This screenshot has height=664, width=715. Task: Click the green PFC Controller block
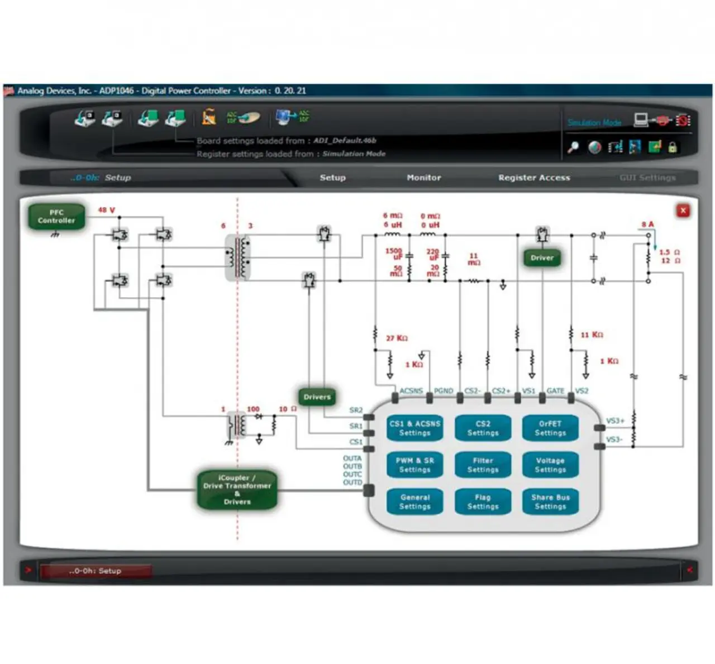tap(56, 217)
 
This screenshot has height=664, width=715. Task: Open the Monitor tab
tap(423, 178)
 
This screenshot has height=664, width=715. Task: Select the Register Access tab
tap(534, 178)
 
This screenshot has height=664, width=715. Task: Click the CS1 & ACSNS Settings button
tap(414, 428)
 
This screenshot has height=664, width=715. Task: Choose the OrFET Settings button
tap(550, 428)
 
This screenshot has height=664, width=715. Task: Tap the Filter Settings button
tap(483, 465)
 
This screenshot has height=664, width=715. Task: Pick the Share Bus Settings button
tap(550, 501)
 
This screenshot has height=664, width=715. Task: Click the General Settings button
tap(414, 501)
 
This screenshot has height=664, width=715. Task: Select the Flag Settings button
tap(483, 501)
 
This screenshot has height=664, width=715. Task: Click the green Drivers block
tap(317, 397)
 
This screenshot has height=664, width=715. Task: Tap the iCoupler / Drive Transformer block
tap(237, 490)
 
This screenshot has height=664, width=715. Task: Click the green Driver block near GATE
tap(542, 258)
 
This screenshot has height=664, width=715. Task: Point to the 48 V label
tap(106, 210)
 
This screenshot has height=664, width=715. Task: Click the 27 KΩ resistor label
tap(397, 338)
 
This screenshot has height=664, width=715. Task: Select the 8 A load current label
tap(647, 224)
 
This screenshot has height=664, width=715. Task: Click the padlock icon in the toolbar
tap(673, 147)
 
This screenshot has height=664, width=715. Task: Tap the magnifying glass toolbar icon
tap(573, 147)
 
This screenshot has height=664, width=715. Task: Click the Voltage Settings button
tap(550, 465)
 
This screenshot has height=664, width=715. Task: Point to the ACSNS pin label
tap(411, 391)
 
